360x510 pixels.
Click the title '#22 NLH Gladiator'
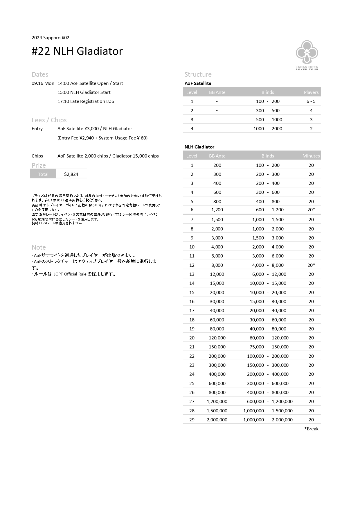click(x=77, y=51)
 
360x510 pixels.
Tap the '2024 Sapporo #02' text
click(x=51, y=38)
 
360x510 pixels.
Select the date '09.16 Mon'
click(x=43, y=83)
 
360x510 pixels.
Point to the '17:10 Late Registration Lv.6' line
click(x=86, y=101)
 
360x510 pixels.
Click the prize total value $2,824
click(x=71, y=174)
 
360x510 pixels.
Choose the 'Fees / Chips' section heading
click(x=49, y=120)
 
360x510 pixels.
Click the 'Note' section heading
click(x=39, y=248)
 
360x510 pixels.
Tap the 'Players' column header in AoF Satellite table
click(x=311, y=92)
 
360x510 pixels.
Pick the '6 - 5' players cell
click(x=311, y=101)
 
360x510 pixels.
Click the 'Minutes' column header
click(x=311, y=156)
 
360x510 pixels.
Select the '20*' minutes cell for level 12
click(x=311, y=265)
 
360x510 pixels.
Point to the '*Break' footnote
click(x=311, y=429)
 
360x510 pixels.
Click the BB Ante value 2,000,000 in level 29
click(x=217, y=420)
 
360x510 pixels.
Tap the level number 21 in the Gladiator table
click(x=192, y=347)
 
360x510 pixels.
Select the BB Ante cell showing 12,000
click(x=217, y=274)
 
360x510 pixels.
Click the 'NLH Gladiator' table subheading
click(x=199, y=147)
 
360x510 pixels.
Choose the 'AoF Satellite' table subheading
click(x=198, y=83)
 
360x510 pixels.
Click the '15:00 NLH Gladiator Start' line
click(x=84, y=92)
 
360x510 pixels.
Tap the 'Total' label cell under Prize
click(x=43, y=174)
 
